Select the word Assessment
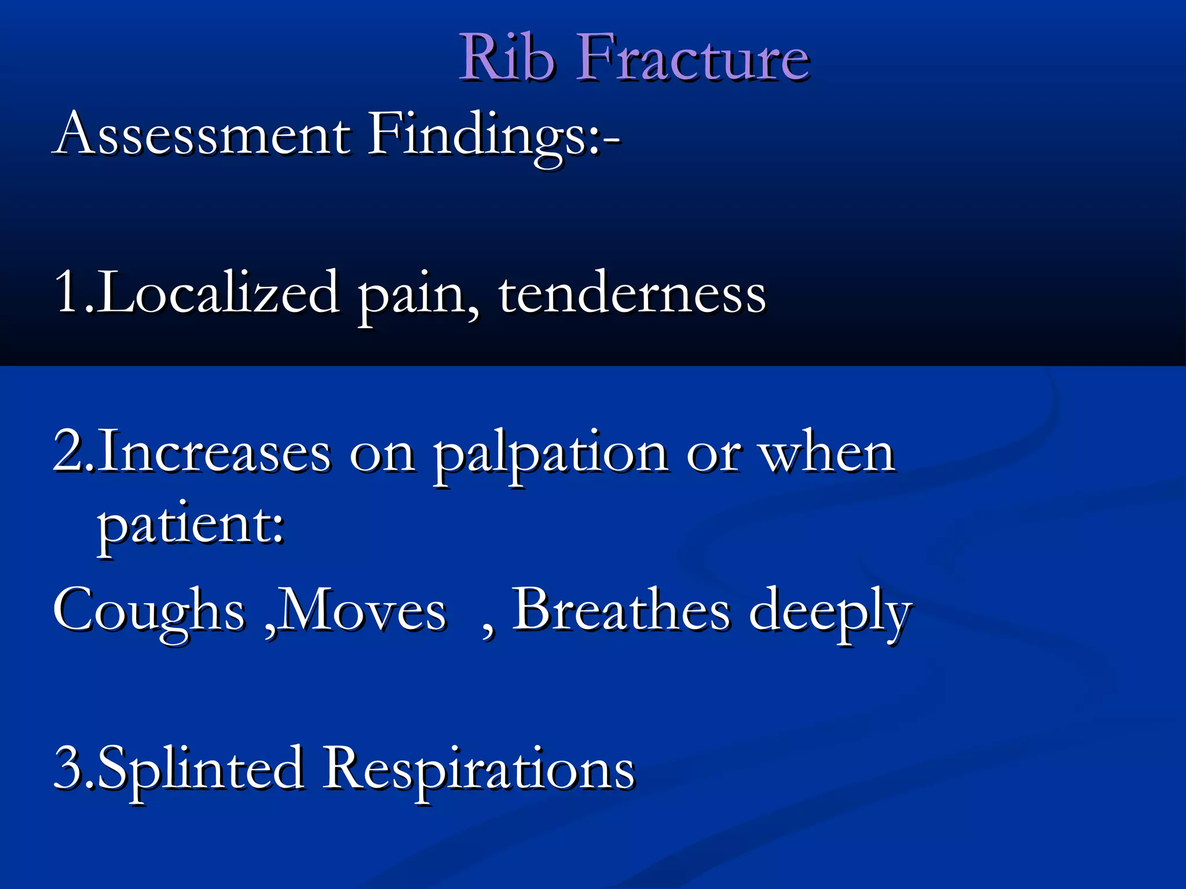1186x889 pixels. coord(203,134)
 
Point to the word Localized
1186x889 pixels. coord(217,293)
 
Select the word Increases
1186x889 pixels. coord(214,453)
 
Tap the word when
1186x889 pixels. coord(828,453)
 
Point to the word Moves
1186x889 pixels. coord(363,611)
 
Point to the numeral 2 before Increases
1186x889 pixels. coord(68,451)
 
